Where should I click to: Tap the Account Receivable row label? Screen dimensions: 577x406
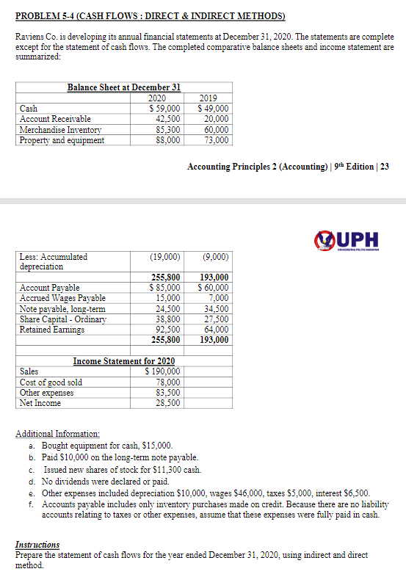coord(55,119)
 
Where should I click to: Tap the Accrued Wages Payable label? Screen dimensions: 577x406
coord(62,298)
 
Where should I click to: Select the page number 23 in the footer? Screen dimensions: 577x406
coord(384,167)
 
